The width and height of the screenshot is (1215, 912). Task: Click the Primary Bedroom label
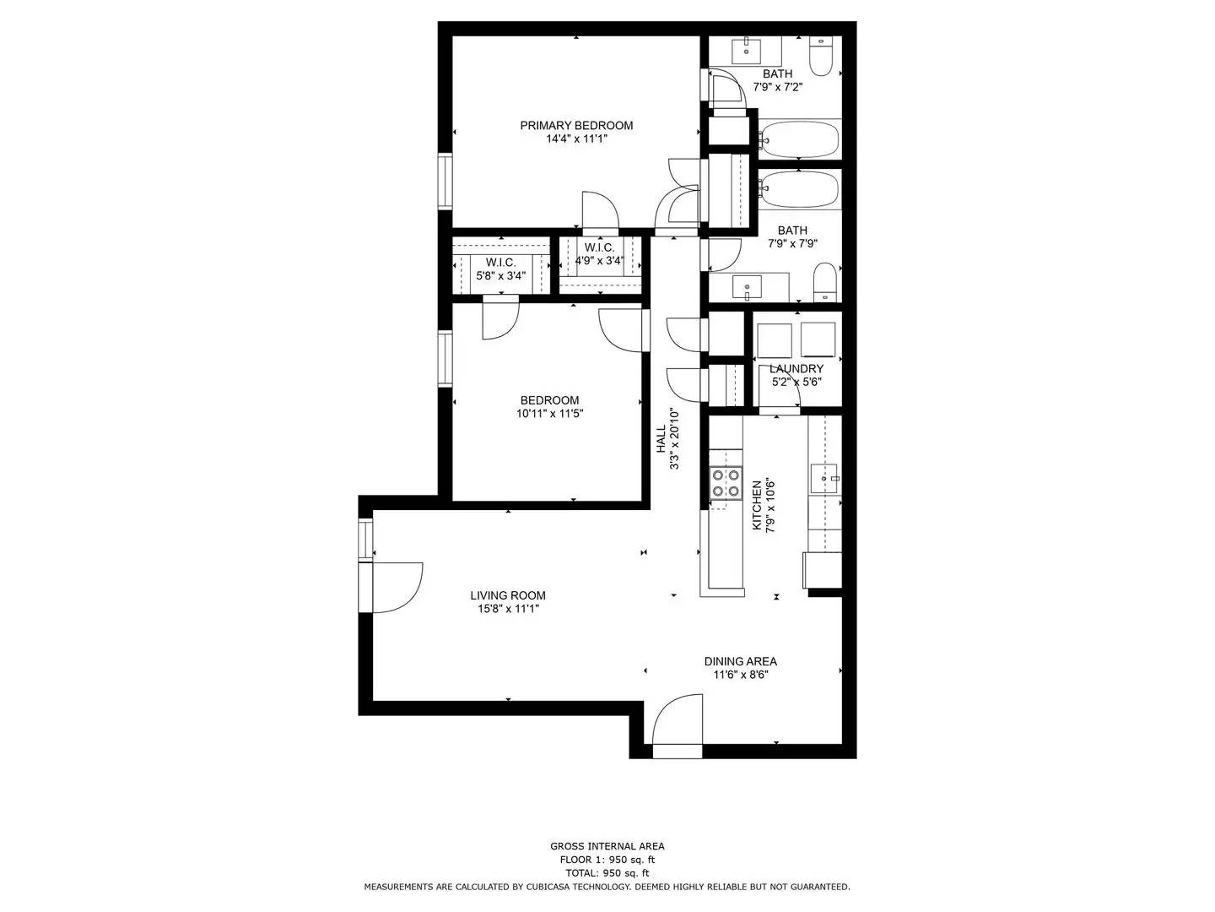click(576, 126)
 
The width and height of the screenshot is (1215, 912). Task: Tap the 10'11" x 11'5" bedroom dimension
click(550, 414)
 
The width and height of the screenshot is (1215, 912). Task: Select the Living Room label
click(508, 595)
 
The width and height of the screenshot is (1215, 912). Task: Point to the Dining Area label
click(740, 661)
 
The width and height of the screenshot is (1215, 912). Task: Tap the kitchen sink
click(824, 479)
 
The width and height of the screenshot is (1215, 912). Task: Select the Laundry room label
click(796, 369)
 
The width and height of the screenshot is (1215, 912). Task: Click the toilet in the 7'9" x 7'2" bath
click(822, 55)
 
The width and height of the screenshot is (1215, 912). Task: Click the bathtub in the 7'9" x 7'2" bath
click(798, 139)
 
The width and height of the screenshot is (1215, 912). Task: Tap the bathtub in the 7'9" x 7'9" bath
click(798, 189)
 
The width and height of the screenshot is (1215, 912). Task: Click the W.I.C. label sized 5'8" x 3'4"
click(500, 263)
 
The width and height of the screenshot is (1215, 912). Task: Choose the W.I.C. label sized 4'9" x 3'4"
click(599, 247)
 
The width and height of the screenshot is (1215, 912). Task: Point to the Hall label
click(661, 439)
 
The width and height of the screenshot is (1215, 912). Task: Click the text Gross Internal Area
click(607, 846)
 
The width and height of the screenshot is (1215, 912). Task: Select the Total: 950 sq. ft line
click(607, 873)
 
